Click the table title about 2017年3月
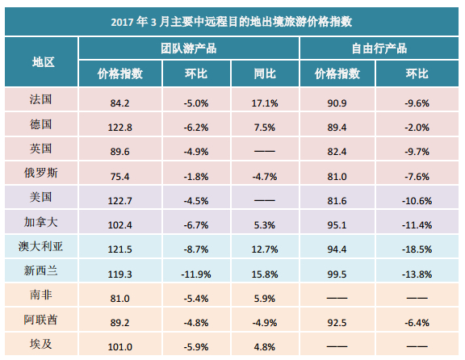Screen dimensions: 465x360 [x=232, y=22]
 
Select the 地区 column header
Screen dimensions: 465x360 [x=44, y=62]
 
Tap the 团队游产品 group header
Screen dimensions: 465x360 [x=189, y=48]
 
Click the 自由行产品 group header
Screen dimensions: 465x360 [x=379, y=48]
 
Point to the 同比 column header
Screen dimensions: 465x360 [x=265, y=73]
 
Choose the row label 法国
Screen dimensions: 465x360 [x=40, y=99]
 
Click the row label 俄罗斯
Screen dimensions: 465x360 [x=40, y=173]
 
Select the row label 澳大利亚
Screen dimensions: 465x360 [x=40, y=246]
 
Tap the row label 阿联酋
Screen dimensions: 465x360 [x=40, y=320]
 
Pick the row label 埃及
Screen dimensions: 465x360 [x=40, y=344]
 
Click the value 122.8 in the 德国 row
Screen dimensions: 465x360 [x=119, y=128]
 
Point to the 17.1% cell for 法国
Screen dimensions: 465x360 [x=265, y=103]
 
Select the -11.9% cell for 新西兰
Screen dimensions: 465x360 [x=196, y=274]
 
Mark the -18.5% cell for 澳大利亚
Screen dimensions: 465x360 [x=417, y=249]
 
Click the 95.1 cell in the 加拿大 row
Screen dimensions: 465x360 [x=337, y=225]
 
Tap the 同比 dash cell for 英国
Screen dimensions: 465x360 [x=265, y=151]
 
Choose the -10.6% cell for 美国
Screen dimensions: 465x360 [x=417, y=201]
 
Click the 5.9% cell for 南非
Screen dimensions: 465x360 [x=265, y=299]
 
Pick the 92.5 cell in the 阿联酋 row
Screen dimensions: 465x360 [x=337, y=323]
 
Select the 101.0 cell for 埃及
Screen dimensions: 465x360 [x=119, y=347]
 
